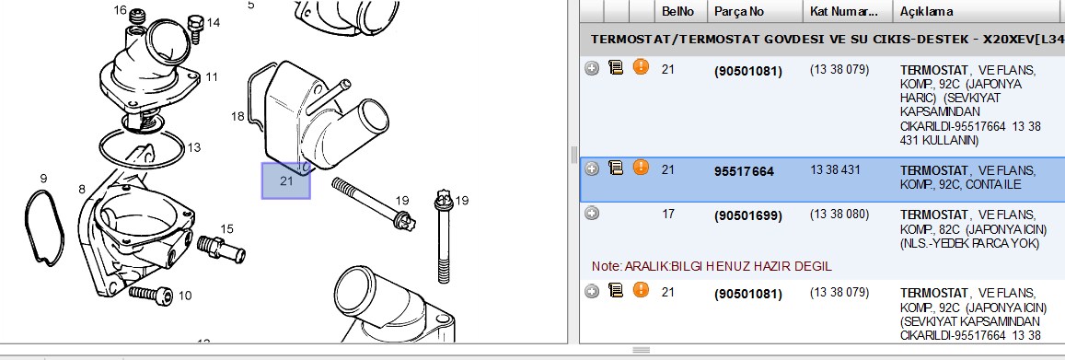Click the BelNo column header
(x=677, y=12)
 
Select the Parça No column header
(x=739, y=12)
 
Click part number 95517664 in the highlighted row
(x=744, y=172)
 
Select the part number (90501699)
(x=747, y=216)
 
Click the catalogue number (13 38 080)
(x=839, y=215)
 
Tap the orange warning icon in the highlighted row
(x=641, y=167)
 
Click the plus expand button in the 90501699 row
(x=592, y=214)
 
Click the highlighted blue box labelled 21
(x=286, y=180)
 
